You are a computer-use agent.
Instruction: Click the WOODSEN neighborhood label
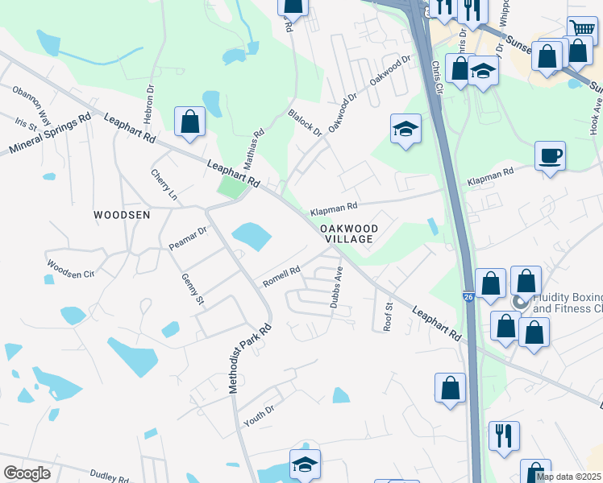coord(122,215)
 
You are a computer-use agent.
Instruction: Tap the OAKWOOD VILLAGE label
coord(348,233)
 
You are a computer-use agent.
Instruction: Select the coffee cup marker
coord(550,155)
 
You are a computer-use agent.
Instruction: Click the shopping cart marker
coord(581,29)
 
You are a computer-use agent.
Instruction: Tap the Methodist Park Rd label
coord(249,359)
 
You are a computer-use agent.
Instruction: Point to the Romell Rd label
coord(281,278)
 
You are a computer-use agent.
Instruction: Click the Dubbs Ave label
coord(336,287)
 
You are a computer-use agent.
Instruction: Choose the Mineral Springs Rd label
coord(49,135)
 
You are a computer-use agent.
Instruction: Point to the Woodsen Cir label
coord(70,269)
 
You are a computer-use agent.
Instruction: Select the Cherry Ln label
coord(164,185)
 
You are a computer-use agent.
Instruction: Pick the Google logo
coord(27,473)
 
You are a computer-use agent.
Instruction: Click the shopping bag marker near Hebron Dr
coord(189,122)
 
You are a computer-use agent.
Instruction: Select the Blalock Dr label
coord(305,122)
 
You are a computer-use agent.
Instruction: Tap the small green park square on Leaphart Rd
coord(230,188)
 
